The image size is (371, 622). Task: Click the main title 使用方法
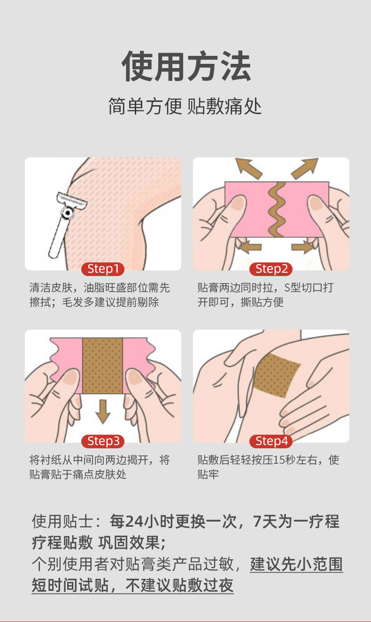click(x=186, y=66)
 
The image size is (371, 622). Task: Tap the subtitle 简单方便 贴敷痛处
click(x=185, y=107)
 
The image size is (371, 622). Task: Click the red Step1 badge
click(x=103, y=269)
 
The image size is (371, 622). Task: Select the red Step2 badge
click(x=271, y=269)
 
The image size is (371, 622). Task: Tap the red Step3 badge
click(x=103, y=441)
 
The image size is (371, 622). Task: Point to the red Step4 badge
click(x=271, y=441)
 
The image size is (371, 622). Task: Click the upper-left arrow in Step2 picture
click(x=248, y=168)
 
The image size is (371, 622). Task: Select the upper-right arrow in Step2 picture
click(x=305, y=168)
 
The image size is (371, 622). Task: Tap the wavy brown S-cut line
click(x=277, y=210)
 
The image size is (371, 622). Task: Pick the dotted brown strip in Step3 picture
click(x=102, y=366)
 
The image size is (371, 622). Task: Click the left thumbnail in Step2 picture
click(x=238, y=203)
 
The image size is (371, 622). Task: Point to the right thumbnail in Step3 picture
click(x=135, y=376)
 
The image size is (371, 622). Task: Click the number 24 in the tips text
click(x=135, y=522)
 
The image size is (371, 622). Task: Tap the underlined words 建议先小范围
click(x=296, y=564)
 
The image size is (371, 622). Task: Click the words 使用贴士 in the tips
click(x=62, y=522)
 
